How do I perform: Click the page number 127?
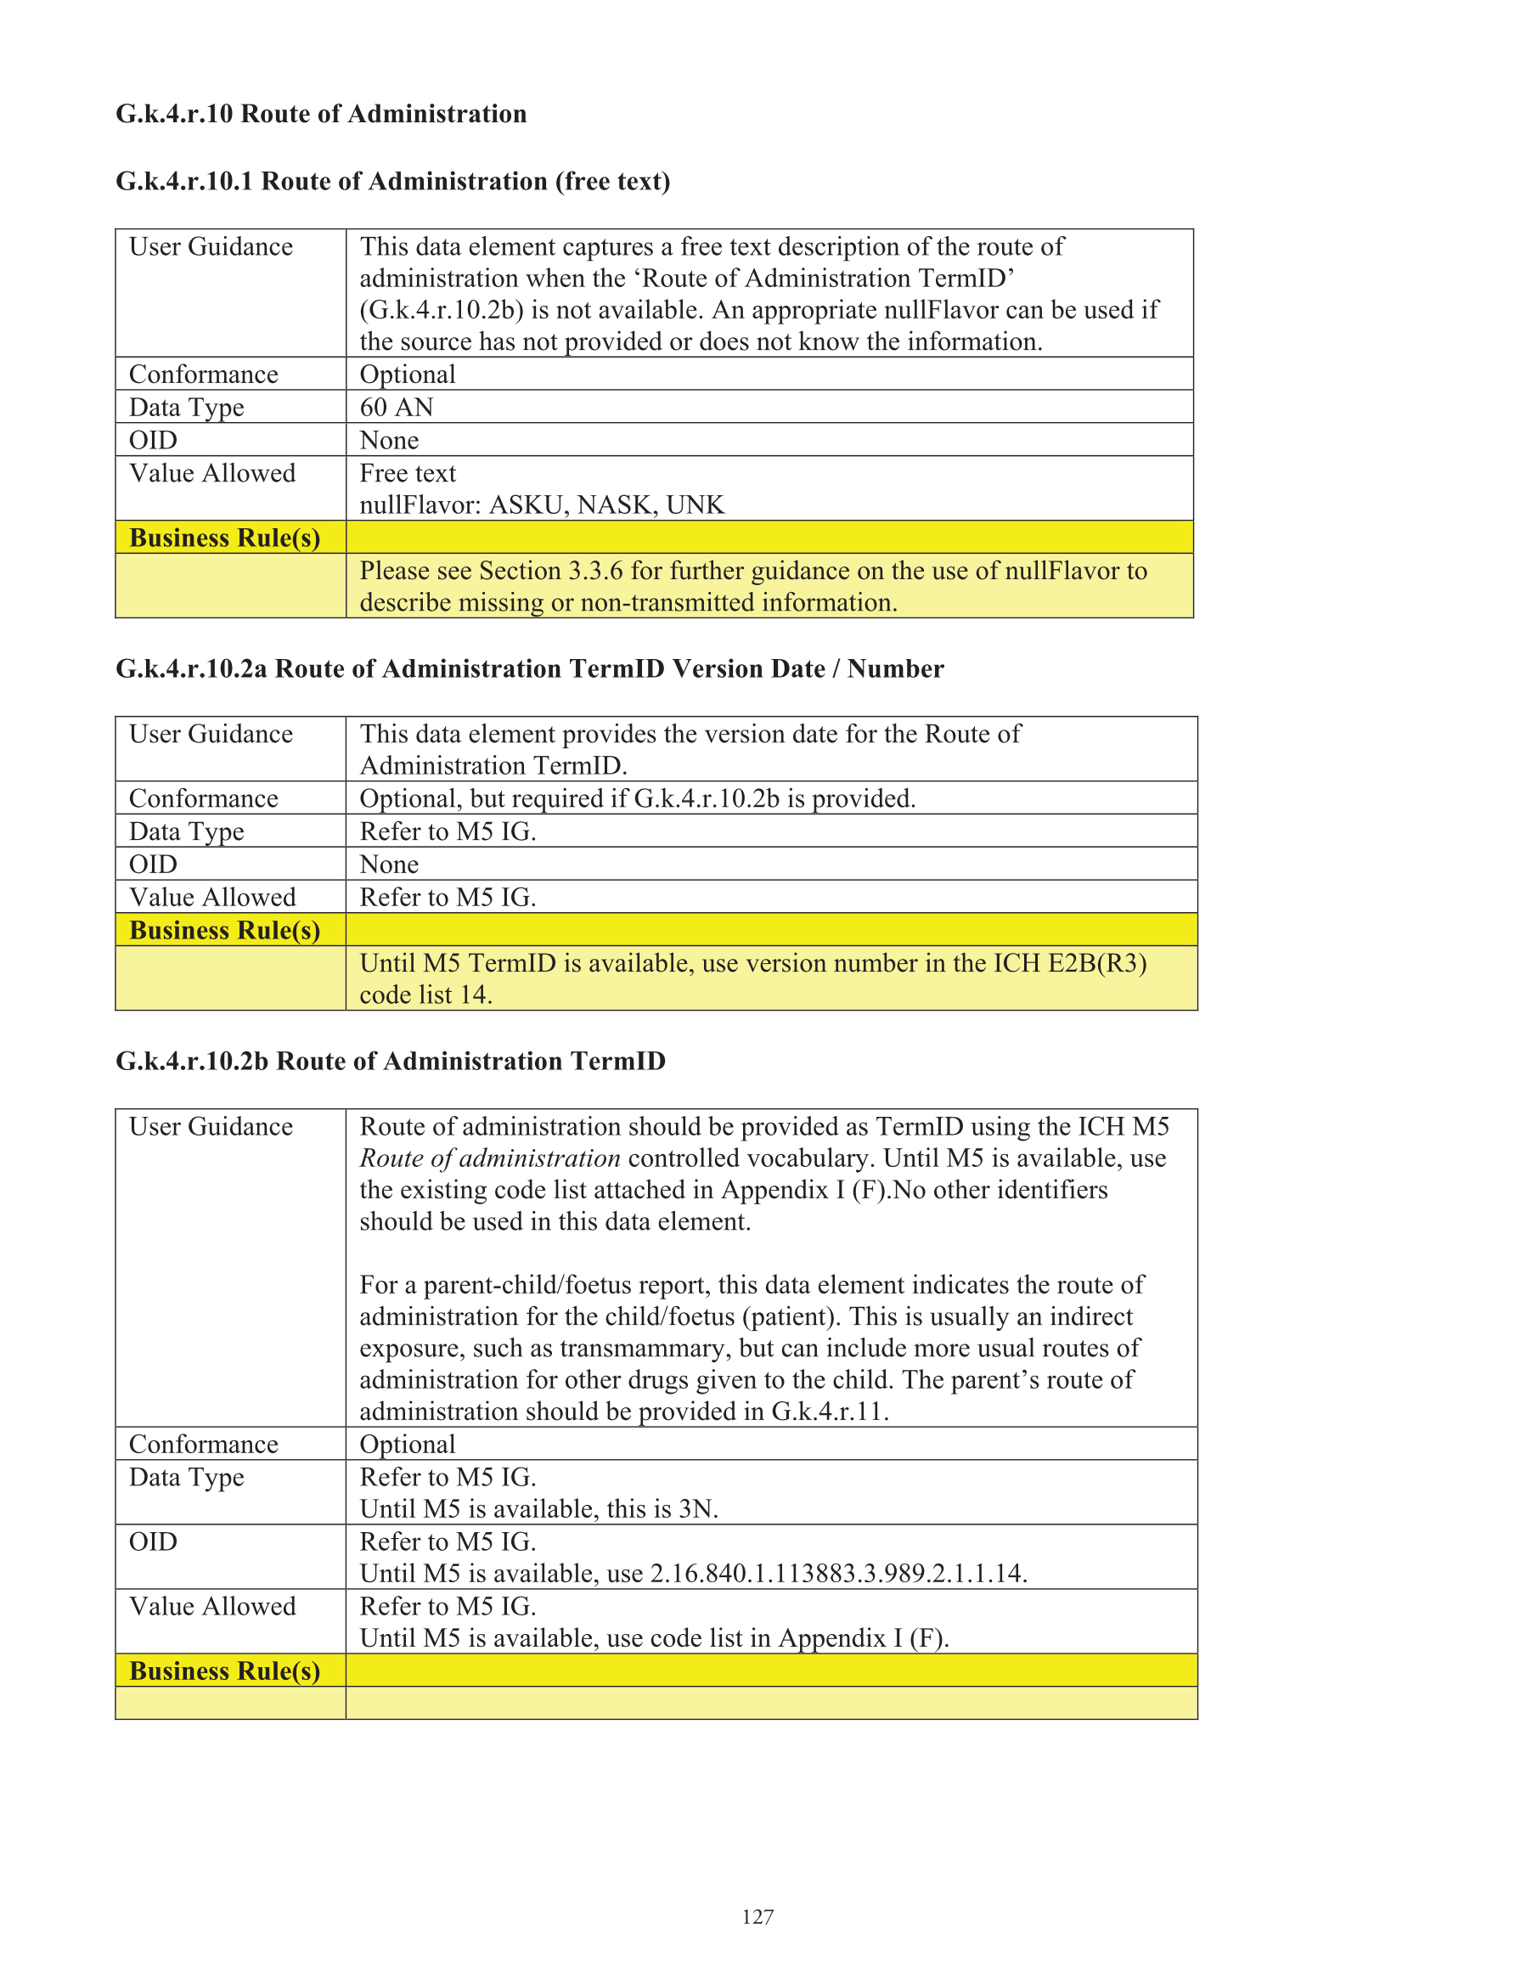tap(757, 1916)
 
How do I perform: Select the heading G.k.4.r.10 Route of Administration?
tap(321, 114)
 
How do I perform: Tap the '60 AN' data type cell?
tap(396, 408)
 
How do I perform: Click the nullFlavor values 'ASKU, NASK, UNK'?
tap(606, 505)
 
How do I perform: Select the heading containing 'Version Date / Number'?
tap(530, 669)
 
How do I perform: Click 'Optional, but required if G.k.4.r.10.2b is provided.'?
tap(637, 799)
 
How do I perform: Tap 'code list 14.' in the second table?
tap(425, 995)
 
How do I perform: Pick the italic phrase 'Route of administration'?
tap(489, 1158)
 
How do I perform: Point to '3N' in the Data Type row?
tap(698, 1508)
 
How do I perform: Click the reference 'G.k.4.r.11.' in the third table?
tap(830, 1412)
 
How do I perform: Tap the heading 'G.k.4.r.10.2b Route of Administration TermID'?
tap(391, 1062)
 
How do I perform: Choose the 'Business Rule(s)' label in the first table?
tap(224, 538)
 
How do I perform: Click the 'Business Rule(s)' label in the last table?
tap(224, 1671)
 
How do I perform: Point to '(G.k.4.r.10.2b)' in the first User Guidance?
tap(442, 311)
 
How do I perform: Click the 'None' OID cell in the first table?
tap(389, 441)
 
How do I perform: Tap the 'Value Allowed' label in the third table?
tap(212, 1606)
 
